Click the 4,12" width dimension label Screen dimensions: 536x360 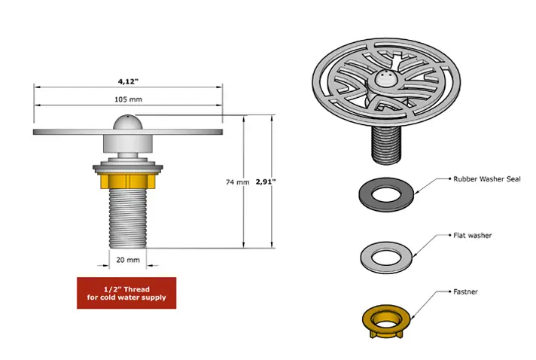tap(128, 81)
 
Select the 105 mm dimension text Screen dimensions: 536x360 tap(128, 99)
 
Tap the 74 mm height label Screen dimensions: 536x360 tap(238, 182)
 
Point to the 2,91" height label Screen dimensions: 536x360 tap(266, 182)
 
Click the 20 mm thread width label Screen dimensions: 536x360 tap(128, 260)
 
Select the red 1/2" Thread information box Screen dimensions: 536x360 tap(126, 293)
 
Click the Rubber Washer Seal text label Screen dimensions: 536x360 tap(487, 178)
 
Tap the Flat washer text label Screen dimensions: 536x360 tap(473, 235)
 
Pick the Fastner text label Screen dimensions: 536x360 tap(465, 291)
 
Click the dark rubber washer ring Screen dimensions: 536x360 tap(365, 195)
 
